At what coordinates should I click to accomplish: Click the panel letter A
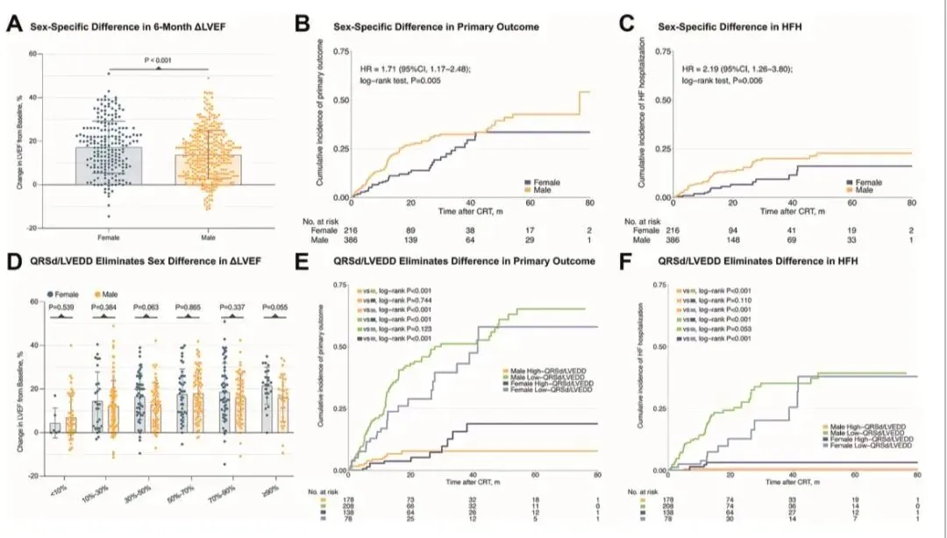[13, 26]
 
